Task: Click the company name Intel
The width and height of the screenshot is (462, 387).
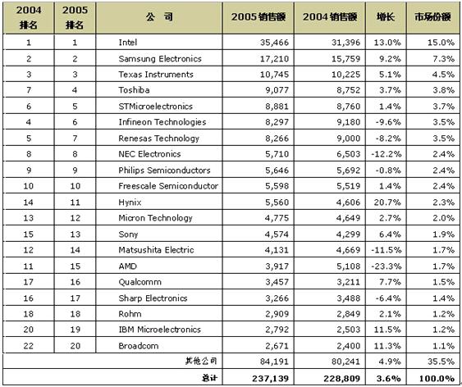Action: [x=127, y=43]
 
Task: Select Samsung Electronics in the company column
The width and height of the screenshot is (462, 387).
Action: [x=160, y=58]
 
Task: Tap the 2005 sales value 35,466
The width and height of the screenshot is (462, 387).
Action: [x=274, y=43]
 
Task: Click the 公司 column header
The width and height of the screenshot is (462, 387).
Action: [x=159, y=17]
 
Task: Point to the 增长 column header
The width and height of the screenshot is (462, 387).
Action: [x=386, y=17]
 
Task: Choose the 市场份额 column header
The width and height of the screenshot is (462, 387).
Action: [x=432, y=17]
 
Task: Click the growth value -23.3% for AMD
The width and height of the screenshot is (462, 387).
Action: [x=386, y=266]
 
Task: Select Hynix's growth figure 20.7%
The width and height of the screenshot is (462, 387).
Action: [x=387, y=203]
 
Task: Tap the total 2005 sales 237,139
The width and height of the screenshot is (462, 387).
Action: [x=270, y=378]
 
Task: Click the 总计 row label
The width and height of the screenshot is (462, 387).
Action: [x=209, y=378]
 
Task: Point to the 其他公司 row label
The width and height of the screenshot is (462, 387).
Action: [x=201, y=361]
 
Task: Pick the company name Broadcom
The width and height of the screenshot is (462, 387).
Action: [x=139, y=346]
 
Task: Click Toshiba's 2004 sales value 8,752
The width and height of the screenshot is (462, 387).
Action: [x=348, y=90]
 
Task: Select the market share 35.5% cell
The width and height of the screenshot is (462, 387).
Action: [x=441, y=362]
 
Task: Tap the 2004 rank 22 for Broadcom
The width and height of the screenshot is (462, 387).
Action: [x=28, y=346]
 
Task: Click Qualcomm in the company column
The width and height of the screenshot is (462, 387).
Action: [x=140, y=282]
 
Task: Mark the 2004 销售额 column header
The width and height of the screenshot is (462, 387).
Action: [x=330, y=17]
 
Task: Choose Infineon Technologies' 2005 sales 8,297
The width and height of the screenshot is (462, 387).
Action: [x=277, y=122]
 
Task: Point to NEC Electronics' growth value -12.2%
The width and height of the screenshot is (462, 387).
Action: [x=386, y=154]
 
